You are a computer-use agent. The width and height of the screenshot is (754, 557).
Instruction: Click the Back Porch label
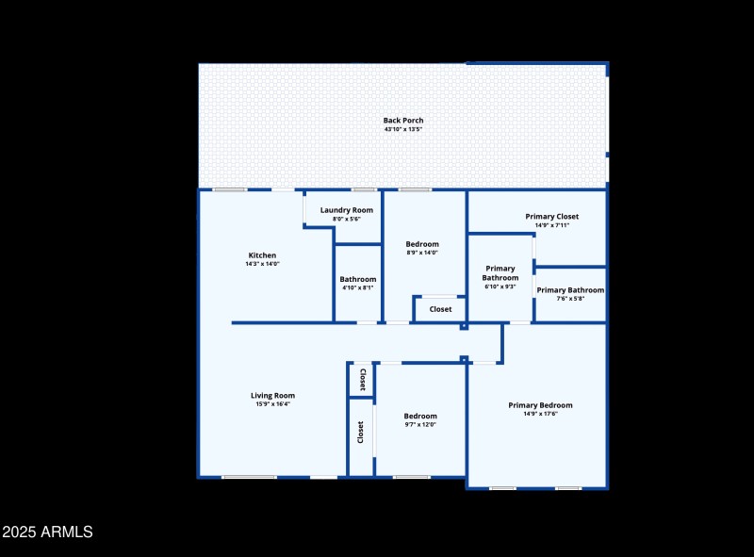click(402, 120)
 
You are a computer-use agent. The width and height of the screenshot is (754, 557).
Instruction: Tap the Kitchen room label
click(262, 255)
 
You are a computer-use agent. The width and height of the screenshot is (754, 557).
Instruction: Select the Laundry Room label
click(346, 210)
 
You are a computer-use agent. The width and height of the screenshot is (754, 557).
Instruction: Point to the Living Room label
click(272, 395)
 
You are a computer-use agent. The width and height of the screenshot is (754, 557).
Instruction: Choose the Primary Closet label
click(552, 217)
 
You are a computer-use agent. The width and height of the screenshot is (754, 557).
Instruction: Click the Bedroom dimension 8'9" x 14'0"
click(421, 253)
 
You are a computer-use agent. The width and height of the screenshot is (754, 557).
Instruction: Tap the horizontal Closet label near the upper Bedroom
click(440, 309)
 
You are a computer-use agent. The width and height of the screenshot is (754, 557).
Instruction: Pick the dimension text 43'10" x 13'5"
click(402, 129)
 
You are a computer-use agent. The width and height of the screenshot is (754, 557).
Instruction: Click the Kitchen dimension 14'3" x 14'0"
click(262, 264)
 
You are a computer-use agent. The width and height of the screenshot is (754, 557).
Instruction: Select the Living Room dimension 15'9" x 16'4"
click(272, 404)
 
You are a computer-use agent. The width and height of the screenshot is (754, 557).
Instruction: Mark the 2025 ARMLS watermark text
click(47, 532)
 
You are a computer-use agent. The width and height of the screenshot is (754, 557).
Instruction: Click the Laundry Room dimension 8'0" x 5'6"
click(346, 219)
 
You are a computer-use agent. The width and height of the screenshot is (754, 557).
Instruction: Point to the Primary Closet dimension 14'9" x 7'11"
click(552, 225)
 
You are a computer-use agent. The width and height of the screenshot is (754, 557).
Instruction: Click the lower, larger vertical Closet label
click(360, 432)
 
